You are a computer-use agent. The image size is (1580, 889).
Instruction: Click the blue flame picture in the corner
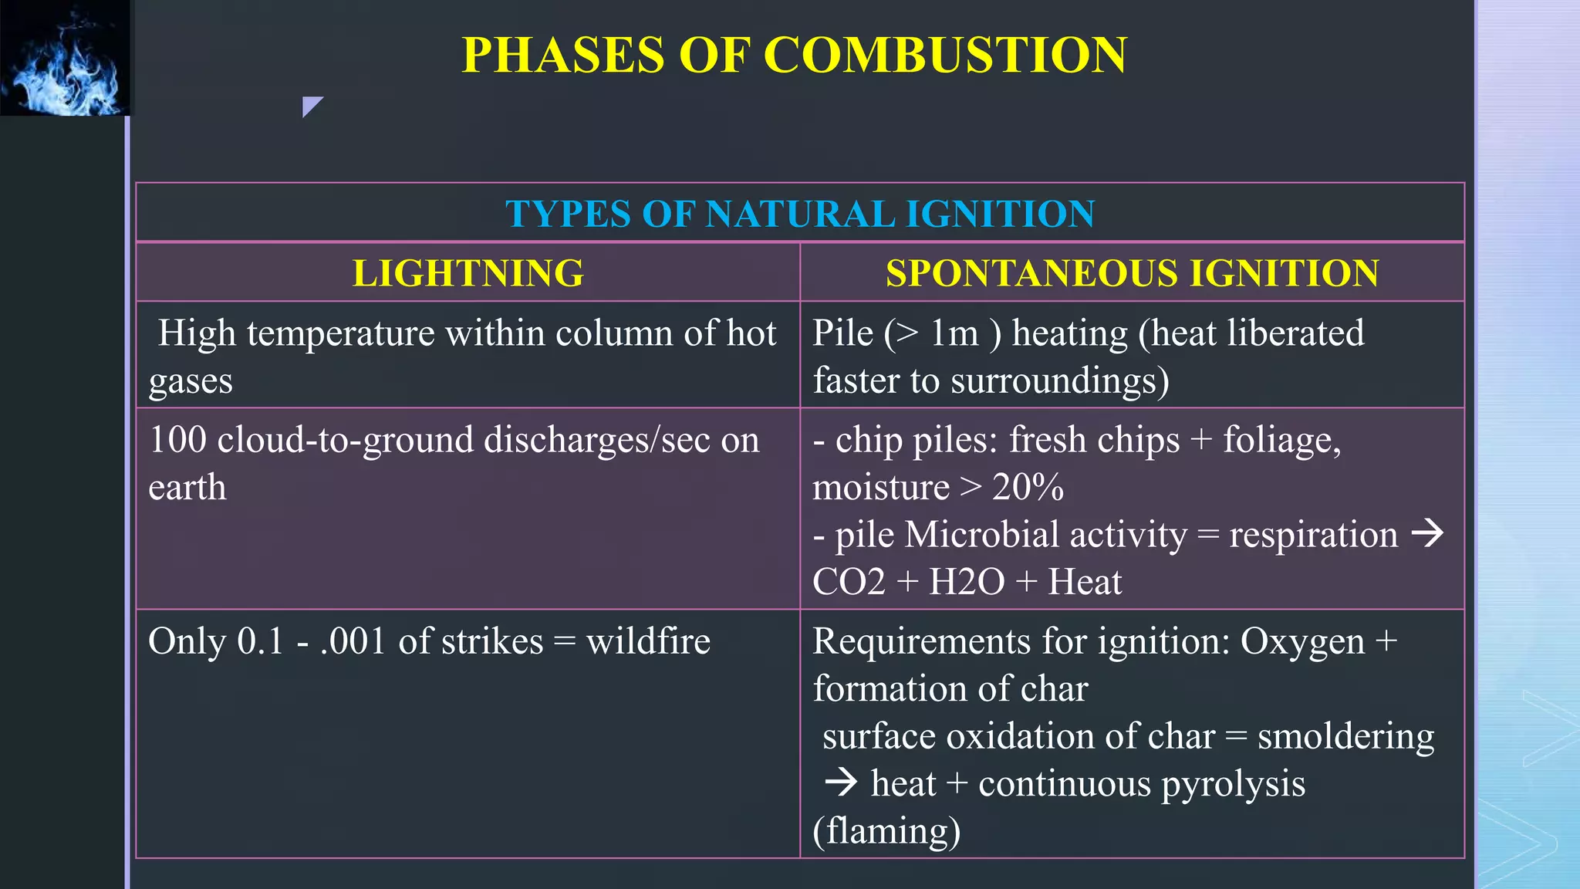pyautogui.click(x=66, y=58)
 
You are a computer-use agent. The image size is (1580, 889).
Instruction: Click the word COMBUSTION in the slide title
pyautogui.click(x=945, y=56)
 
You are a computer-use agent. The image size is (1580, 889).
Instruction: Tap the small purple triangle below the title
pyautogui.click(x=311, y=106)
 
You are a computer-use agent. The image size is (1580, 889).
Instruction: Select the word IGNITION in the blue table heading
pyautogui.click(x=1001, y=214)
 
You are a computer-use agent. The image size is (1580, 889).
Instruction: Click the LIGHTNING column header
pyautogui.click(x=468, y=273)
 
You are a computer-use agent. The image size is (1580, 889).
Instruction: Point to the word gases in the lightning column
pyautogui.click(x=191, y=381)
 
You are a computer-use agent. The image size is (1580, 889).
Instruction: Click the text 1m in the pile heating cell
pyautogui.click(x=954, y=333)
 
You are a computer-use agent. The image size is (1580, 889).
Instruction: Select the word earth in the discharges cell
pyautogui.click(x=187, y=488)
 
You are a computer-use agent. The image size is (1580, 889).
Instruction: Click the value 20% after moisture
pyautogui.click(x=1028, y=488)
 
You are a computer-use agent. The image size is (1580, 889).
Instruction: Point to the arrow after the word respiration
pyautogui.click(x=1427, y=533)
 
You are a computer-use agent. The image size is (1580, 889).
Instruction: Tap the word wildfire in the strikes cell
pyautogui.click(x=648, y=641)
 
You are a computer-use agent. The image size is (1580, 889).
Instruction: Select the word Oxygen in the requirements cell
pyautogui.click(x=1302, y=641)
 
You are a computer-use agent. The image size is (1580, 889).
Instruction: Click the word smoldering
pyautogui.click(x=1345, y=737)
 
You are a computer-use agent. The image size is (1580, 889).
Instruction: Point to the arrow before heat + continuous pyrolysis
pyautogui.click(x=841, y=783)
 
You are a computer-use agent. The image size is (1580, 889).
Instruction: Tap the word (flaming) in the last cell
pyautogui.click(x=887, y=832)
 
